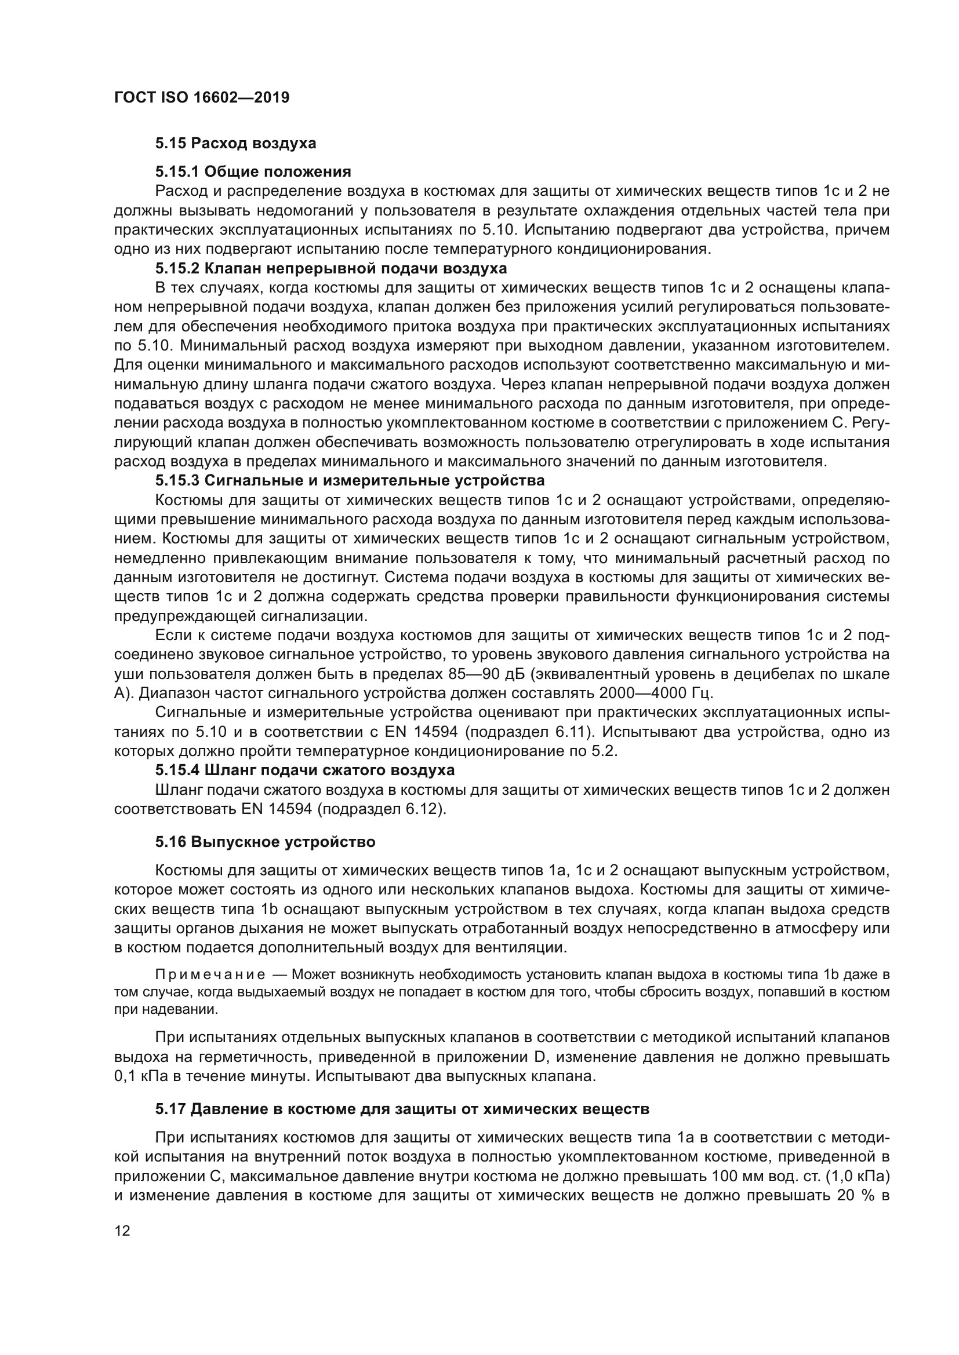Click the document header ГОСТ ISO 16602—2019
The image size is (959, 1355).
coord(201,97)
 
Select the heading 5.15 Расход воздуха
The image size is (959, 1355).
coord(235,144)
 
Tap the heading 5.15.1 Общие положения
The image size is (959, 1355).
coord(253,171)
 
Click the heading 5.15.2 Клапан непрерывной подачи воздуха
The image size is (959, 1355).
coord(331,269)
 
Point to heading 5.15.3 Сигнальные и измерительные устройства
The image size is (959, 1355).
coord(350,480)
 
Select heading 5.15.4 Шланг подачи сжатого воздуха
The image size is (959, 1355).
coord(306,770)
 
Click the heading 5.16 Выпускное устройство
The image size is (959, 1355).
coord(265,842)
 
